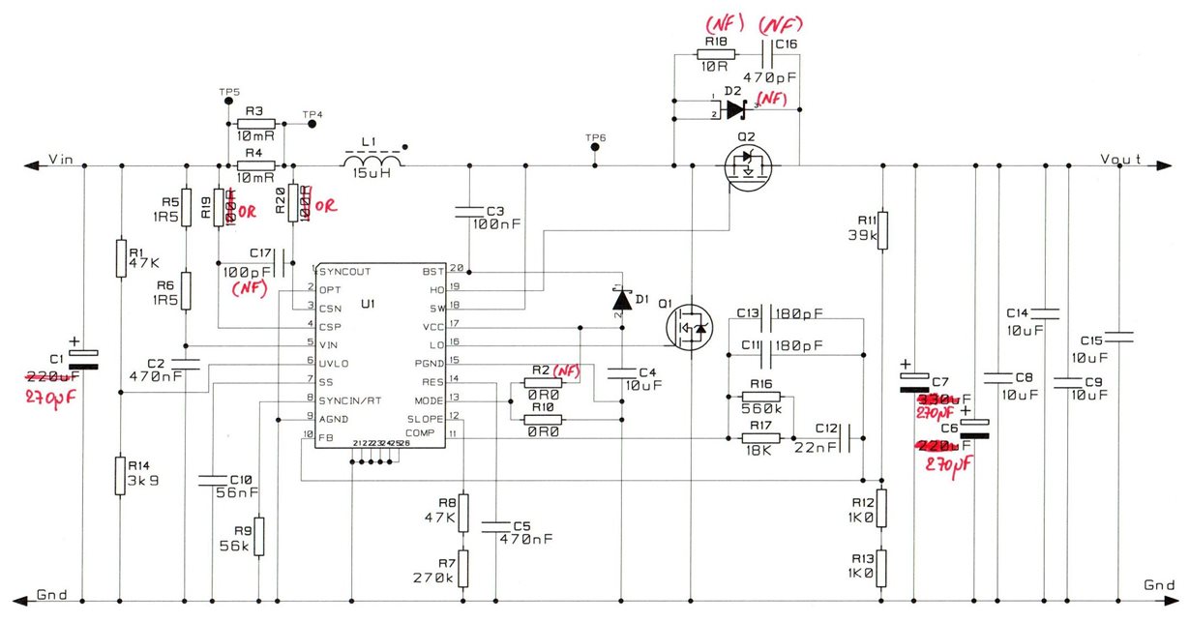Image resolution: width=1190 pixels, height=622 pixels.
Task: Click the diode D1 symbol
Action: (621, 300)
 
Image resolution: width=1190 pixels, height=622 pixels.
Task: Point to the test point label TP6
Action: (595, 138)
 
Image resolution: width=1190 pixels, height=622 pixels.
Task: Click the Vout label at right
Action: (1121, 158)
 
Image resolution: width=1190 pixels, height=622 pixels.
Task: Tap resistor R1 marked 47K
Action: (121, 258)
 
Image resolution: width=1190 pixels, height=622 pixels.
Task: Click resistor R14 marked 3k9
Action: (121, 474)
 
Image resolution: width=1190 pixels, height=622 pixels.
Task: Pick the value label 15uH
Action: (372, 174)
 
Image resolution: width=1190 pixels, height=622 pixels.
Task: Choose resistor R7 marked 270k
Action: (463, 569)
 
